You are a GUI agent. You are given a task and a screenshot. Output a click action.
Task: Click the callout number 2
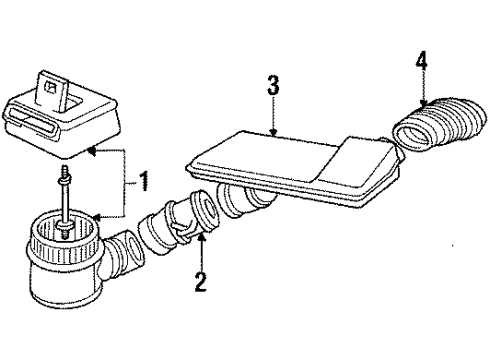(201, 283)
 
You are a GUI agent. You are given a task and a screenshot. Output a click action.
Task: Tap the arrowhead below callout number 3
(272, 133)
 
